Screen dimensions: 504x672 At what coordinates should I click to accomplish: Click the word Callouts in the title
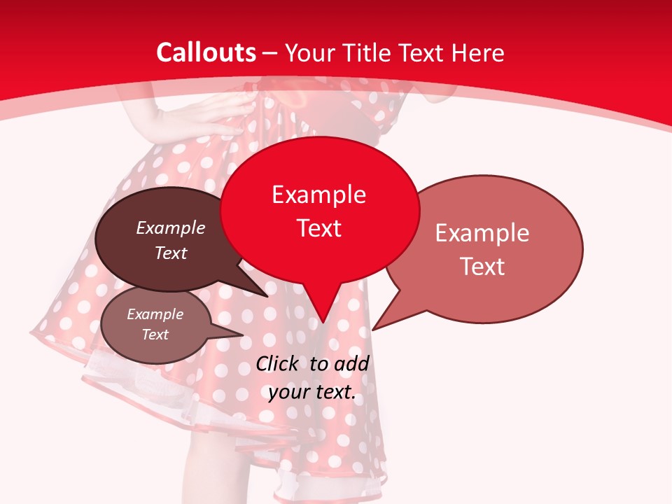click(206, 52)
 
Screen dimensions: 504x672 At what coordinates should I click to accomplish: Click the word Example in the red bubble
click(318, 195)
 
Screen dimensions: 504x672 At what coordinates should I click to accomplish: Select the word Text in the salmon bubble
click(482, 267)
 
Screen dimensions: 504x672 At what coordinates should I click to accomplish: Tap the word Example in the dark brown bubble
click(171, 228)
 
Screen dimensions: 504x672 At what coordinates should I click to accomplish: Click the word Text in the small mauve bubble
click(155, 335)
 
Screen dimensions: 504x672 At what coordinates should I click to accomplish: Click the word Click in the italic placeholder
click(277, 363)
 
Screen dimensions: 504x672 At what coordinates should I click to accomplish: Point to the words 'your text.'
click(311, 392)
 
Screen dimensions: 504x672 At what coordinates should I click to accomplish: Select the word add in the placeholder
click(351, 363)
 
